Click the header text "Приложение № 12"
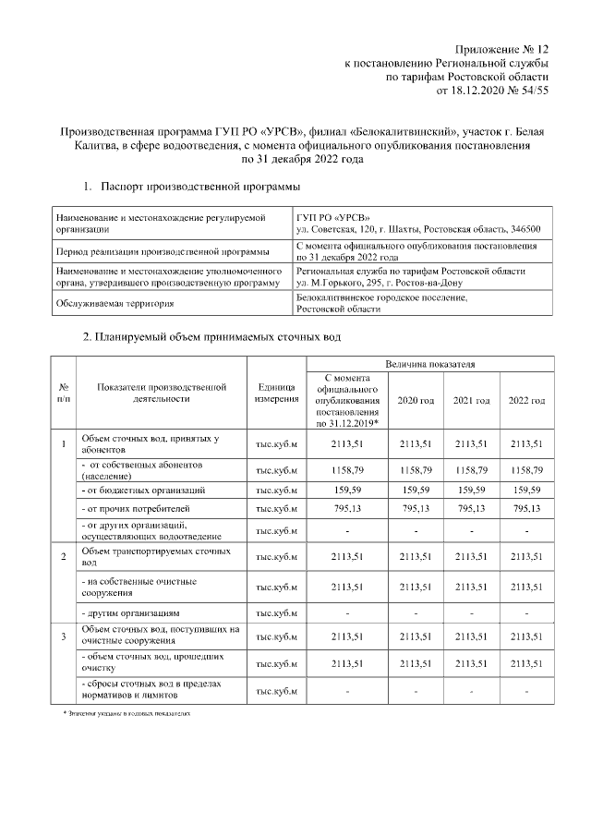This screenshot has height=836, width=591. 502,47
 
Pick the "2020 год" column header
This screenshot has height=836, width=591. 416,400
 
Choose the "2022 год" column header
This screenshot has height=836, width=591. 526,400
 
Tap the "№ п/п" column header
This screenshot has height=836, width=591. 63,393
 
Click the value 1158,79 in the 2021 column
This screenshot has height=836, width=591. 471,469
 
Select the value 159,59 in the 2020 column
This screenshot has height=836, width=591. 416,490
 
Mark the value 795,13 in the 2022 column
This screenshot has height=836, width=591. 526,509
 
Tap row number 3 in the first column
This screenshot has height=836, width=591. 63,636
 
